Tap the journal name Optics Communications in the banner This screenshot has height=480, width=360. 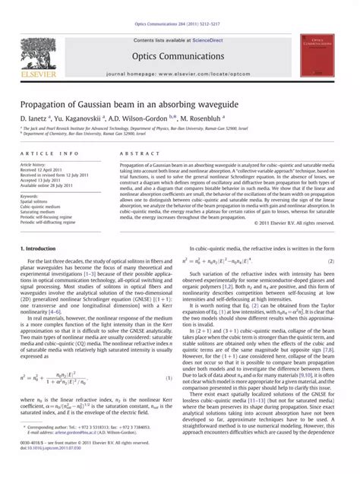(180, 55)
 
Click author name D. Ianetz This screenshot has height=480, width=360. (33, 119)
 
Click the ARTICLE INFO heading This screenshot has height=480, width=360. (44, 153)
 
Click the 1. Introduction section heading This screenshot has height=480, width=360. (36, 250)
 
